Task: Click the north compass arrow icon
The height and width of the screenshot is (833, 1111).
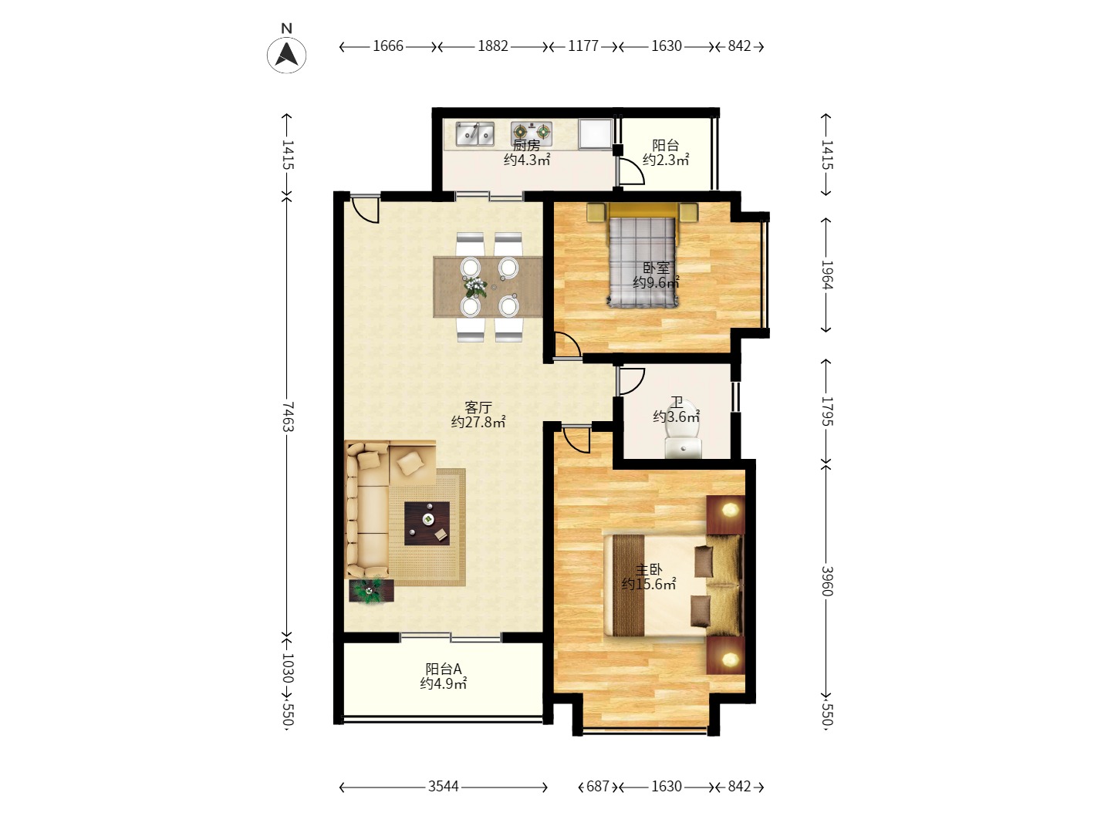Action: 287,55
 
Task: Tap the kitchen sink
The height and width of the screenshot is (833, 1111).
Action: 474,134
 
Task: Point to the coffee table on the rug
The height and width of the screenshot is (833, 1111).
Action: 427,524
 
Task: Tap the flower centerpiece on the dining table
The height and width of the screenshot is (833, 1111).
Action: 474,288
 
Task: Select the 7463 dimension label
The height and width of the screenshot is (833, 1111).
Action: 287,416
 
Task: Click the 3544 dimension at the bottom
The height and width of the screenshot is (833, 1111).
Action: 444,787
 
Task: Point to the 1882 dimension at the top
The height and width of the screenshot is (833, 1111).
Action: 493,46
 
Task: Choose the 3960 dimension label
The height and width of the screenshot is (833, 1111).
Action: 826,581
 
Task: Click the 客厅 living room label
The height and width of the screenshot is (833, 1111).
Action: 478,407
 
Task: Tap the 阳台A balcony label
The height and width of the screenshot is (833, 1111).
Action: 444,669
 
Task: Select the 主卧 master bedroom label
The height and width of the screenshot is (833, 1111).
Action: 649,569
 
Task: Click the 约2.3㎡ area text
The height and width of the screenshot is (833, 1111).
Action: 666,160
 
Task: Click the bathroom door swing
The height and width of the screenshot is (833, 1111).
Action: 631,380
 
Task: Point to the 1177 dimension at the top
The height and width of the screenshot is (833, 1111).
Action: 583,46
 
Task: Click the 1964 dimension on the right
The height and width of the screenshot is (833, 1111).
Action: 826,275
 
